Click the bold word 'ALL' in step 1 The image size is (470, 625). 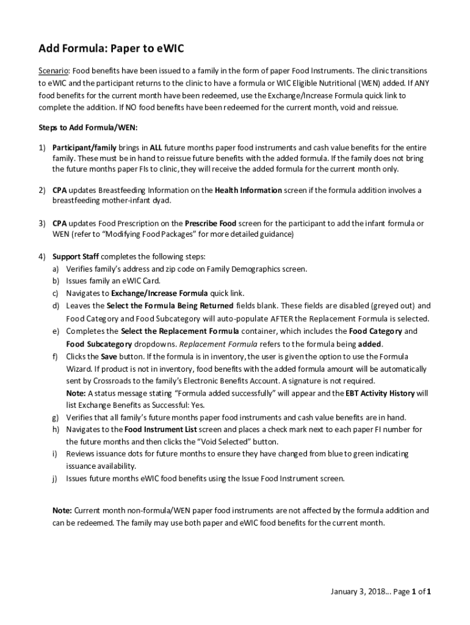coord(157,148)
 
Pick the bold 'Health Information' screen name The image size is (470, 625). coord(248,190)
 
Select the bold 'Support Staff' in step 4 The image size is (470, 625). coord(76,256)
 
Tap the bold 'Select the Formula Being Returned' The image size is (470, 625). coord(170,305)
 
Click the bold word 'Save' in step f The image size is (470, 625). coord(107,356)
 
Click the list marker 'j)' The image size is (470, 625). coord(55,479)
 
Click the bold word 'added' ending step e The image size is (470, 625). coord(369,344)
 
